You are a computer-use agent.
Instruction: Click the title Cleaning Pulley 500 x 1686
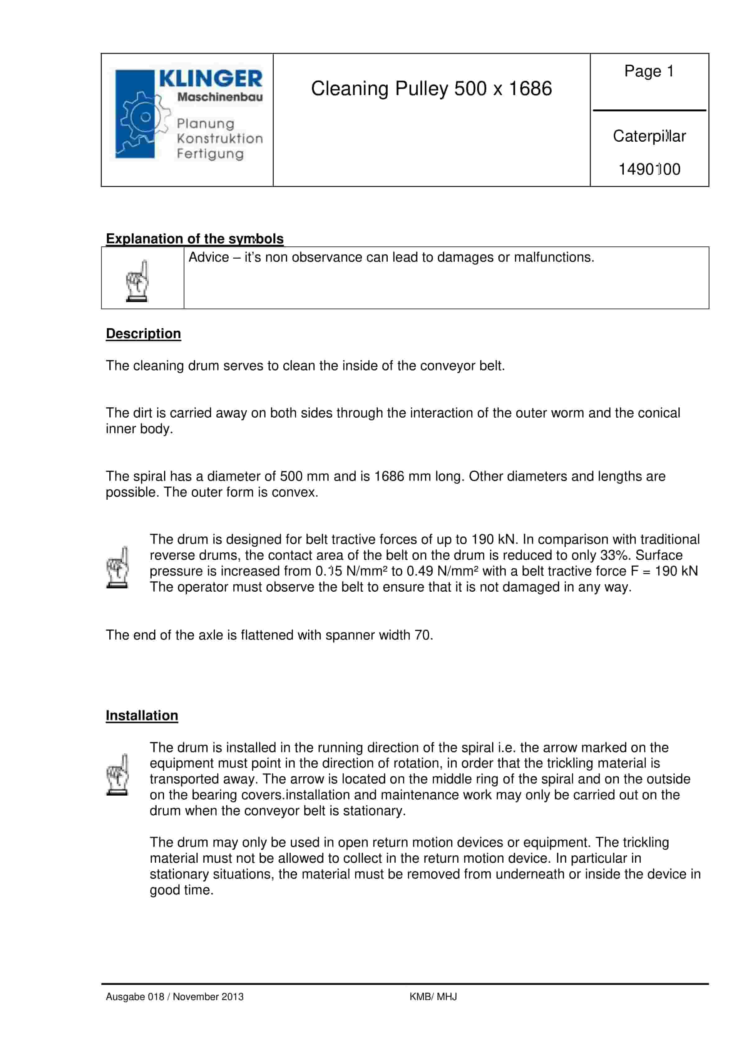(x=431, y=89)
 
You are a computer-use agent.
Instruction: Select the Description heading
(x=143, y=333)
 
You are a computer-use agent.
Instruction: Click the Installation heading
(x=142, y=715)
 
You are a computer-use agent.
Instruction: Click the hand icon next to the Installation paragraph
(x=117, y=775)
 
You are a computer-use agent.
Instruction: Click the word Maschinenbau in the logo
(x=220, y=97)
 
